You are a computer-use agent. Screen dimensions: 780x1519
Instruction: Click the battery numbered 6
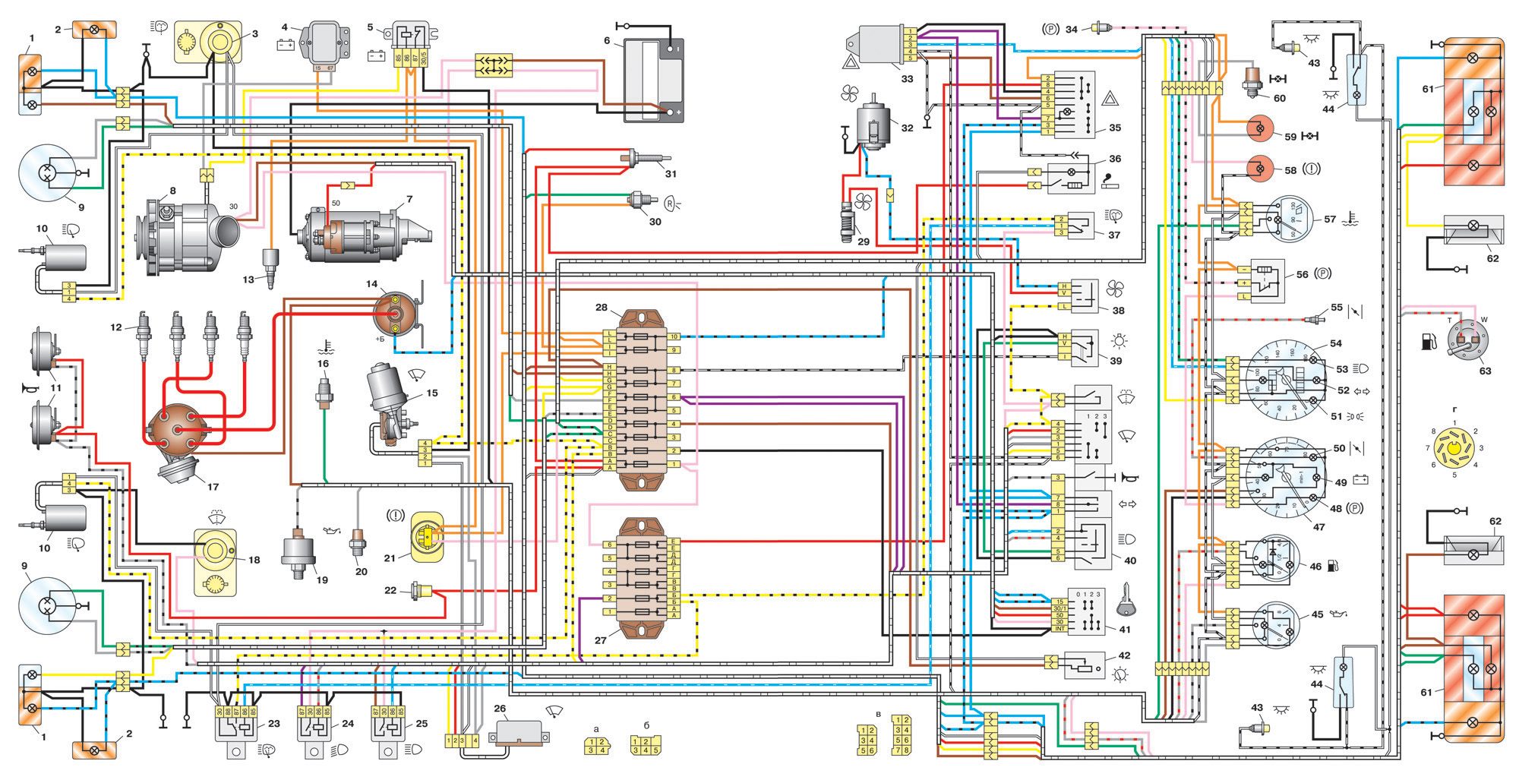pos(654,80)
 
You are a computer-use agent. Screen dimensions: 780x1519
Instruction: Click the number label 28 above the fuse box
pos(602,308)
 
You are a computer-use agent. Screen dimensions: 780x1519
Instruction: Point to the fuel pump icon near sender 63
pos(1427,342)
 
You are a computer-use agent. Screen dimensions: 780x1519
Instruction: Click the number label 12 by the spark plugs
pos(115,327)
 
